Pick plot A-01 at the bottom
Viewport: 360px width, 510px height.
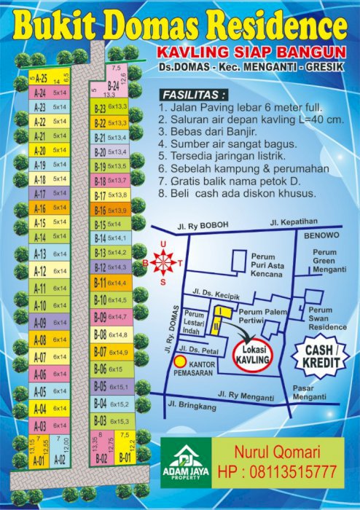tap(39, 460)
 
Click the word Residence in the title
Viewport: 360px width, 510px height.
tap(273, 27)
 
